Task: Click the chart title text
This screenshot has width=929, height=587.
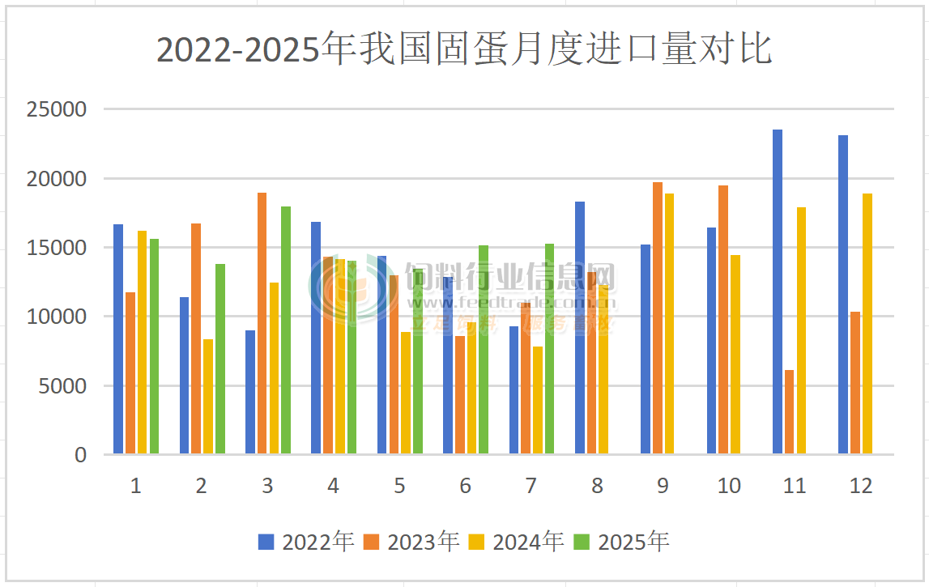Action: click(x=463, y=49)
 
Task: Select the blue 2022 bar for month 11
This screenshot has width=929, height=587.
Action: click(x=778, y=291)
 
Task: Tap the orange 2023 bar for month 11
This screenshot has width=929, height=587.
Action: click(x=789, y=412)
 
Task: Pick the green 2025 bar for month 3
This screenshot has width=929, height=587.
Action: click(x=286, y=330)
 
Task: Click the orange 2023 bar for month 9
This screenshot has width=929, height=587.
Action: click(x=658, y=318)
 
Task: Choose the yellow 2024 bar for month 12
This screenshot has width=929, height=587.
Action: click(x=867, y=324)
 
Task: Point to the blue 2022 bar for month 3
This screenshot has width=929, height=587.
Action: click(x=250, y=393)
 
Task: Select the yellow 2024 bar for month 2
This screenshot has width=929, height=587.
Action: click(x=208, y=397)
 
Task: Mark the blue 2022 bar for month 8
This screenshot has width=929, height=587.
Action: click(x=580, y=328)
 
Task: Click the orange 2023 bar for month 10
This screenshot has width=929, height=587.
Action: click(x=723, y=320)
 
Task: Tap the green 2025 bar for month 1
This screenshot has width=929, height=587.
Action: click(x=154, y=347)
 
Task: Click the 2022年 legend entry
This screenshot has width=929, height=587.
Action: click(x=306, y=542)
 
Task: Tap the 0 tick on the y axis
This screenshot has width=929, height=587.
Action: click(x=80, y=455)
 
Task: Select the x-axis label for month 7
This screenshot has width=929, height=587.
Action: click(x=531, y=486)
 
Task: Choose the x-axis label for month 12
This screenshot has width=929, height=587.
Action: click(x=861, y=486)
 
